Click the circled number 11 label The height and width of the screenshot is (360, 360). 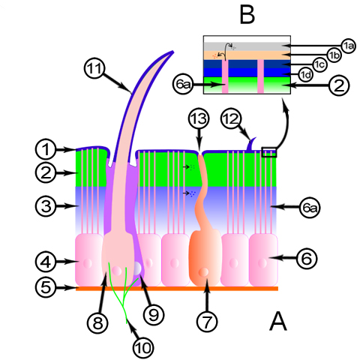coord(94,68)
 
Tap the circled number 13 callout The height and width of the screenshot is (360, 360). coord(199,118)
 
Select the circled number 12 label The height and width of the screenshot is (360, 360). coord(231,118)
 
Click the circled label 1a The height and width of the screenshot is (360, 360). coord(349,46)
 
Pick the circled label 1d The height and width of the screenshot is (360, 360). coord(306,74)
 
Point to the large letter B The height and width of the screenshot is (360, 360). coord(247,15)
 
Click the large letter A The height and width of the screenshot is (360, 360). coord(278,321)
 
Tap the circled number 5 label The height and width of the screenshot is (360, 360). coord(46,287)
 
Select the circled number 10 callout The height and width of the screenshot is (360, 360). coord(143,348)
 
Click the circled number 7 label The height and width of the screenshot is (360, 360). coord(207,322)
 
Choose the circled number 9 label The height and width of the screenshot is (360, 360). coord(154,315)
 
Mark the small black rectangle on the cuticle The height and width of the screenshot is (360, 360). coord(269,152)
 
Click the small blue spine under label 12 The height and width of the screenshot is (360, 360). coord(251,144)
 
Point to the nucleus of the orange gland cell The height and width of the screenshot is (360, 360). coord(204,271)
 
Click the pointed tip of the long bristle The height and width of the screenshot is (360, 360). coord(173,52)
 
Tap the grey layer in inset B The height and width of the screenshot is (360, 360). coord(247,46)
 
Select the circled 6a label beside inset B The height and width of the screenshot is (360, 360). coord(183,85)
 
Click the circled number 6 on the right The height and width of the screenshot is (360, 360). coord(307,258)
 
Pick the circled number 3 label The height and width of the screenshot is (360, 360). coord(46,206)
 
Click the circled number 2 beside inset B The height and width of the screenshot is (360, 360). coord(339,85)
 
